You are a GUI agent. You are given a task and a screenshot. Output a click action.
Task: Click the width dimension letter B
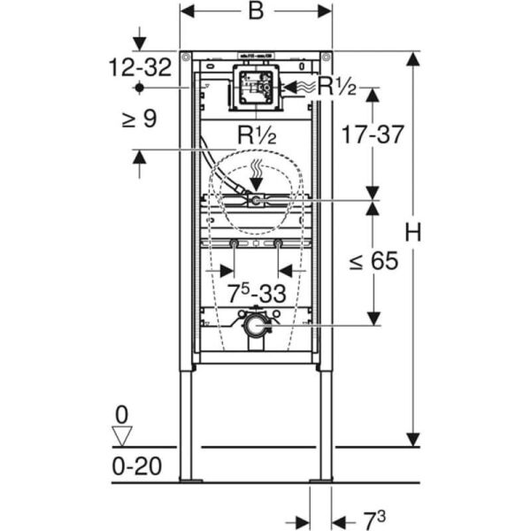coord(256,12)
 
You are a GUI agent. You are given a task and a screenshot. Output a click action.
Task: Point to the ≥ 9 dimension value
coord(139,118)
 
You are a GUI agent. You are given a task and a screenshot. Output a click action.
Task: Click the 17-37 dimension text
coord(373,135)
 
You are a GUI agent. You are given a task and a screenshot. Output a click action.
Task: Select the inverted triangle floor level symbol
coord(122,435)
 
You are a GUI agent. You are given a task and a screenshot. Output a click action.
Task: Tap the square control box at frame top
coord(255,88)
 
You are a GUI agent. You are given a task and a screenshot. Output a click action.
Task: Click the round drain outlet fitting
coord(254,326)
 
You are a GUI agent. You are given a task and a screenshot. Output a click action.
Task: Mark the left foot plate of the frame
coord(189,481)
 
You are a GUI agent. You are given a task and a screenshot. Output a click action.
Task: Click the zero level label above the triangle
coord(122,413)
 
